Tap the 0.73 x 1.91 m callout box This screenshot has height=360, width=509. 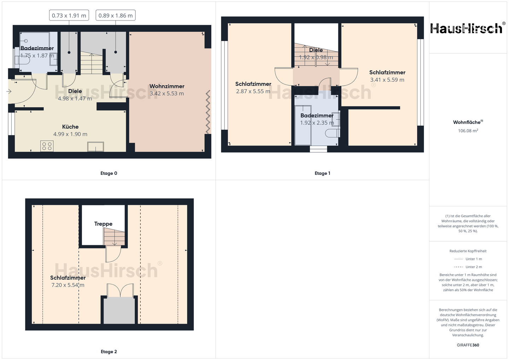tap(69, 16)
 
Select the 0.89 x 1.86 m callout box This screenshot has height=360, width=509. tap(116, 16)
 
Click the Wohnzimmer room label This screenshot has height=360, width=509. tap(167, 86)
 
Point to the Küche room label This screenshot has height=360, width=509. tap(70, 127)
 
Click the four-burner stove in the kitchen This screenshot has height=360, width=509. tap(47, 146)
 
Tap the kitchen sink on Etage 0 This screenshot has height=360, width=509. tap(96, 147)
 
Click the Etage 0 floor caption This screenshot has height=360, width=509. tap(109, 173)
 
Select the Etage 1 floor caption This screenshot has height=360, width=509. tap(322, 173)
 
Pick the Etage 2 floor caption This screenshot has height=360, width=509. tap(109, 352)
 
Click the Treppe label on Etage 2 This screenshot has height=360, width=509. tap(103, 224)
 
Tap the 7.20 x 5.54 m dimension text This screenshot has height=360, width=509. tap(68, 285)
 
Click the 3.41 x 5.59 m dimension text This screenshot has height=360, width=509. tap(387, 80)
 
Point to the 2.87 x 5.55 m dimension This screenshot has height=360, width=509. tap(253, 91)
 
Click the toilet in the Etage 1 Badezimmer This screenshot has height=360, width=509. tap(333, 133)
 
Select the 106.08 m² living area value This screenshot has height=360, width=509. tap(468, 131)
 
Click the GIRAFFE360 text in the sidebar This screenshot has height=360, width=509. tap(468, 345)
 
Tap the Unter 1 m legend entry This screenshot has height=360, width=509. tap(468, 259)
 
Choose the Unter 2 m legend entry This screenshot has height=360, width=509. tap(468, 267)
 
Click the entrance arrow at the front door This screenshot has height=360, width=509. tap(9, 92)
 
